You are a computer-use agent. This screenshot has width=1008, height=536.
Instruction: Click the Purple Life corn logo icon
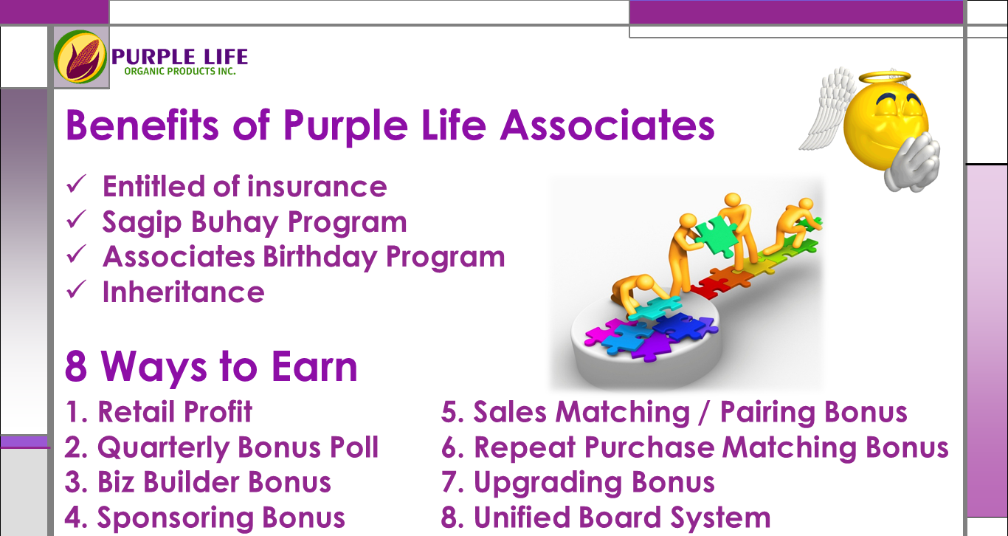click(x=80, y=56)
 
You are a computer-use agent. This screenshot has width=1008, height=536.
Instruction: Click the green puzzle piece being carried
click(x=708, y=234)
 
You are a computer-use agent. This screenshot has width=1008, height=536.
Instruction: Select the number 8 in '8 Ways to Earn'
click(x=76, y=366)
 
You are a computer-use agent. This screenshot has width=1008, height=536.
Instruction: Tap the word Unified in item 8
click(x=525, y=518)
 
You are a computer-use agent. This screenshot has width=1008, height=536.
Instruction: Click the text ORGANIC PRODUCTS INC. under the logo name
click(x=180, y=72)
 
